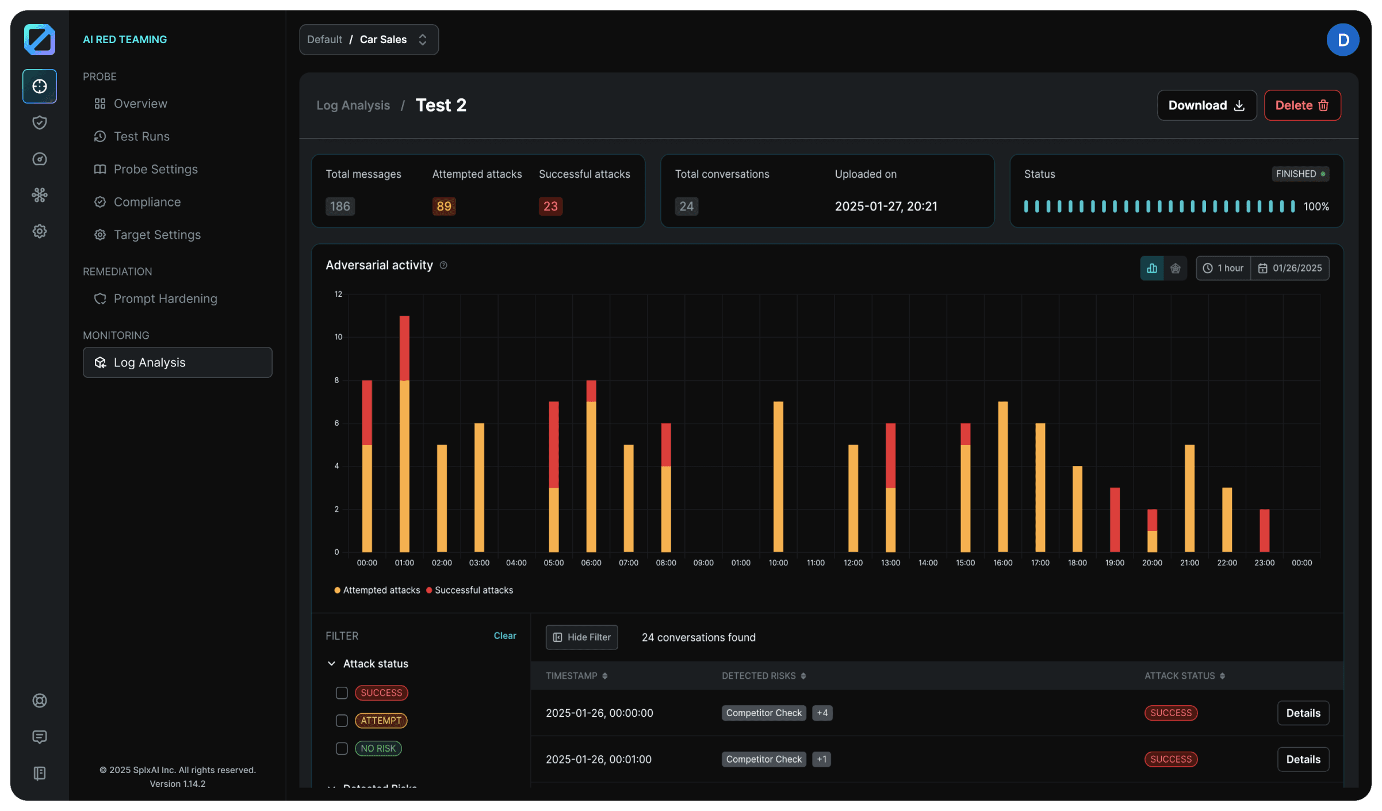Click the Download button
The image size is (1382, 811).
click(x=1206, y=105)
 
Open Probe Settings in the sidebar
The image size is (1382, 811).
click(x=155, y=169)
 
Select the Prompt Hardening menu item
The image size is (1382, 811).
click(x=165, y=299)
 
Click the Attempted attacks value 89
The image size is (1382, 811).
click(x=443, y=206)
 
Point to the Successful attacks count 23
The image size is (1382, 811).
click(x=550, y=206)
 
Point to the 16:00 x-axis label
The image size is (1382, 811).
click(x=1002, y=563)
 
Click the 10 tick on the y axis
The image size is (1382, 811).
click(x=338, y=337)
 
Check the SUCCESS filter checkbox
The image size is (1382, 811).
click(x=342, y=693)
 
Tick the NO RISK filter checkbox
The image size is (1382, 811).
click(x=342, y=748)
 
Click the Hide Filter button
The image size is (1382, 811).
click(x=581, y=637)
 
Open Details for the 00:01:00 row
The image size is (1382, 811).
click(x=1303, y=759)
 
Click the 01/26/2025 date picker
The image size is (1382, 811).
click(x=1290, y=268)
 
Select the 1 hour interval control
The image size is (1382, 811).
click(x=1223, y=268)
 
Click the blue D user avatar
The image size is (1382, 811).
click(x=1343, y=40)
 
